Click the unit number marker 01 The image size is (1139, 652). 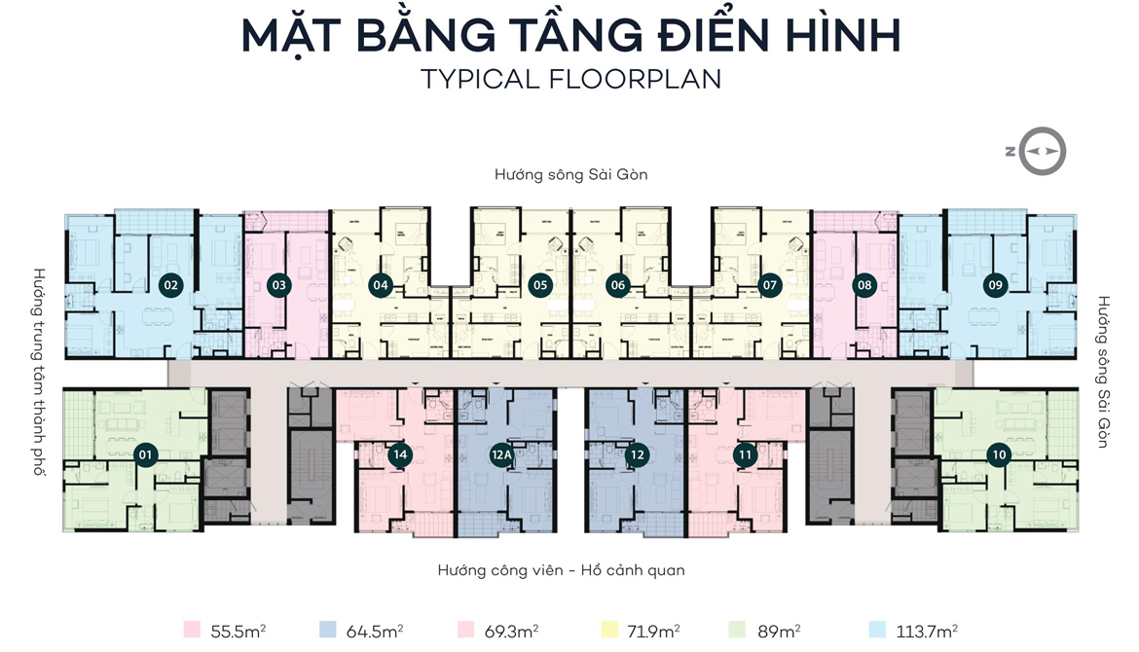click(146, 454)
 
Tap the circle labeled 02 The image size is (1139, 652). click(171, 286)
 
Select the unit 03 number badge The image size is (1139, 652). click(279, 286)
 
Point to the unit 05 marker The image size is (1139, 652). click(538, 286)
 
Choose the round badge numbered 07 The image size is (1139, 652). click(771, 286)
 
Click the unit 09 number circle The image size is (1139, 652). click(994, 286)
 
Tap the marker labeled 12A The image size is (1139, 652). click(501, 454)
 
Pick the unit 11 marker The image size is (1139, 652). click(745, 454)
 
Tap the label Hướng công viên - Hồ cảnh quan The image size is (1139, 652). click(561, 570)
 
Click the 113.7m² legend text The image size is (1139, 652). click(924, 631)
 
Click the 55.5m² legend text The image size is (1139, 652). click(239, 631)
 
